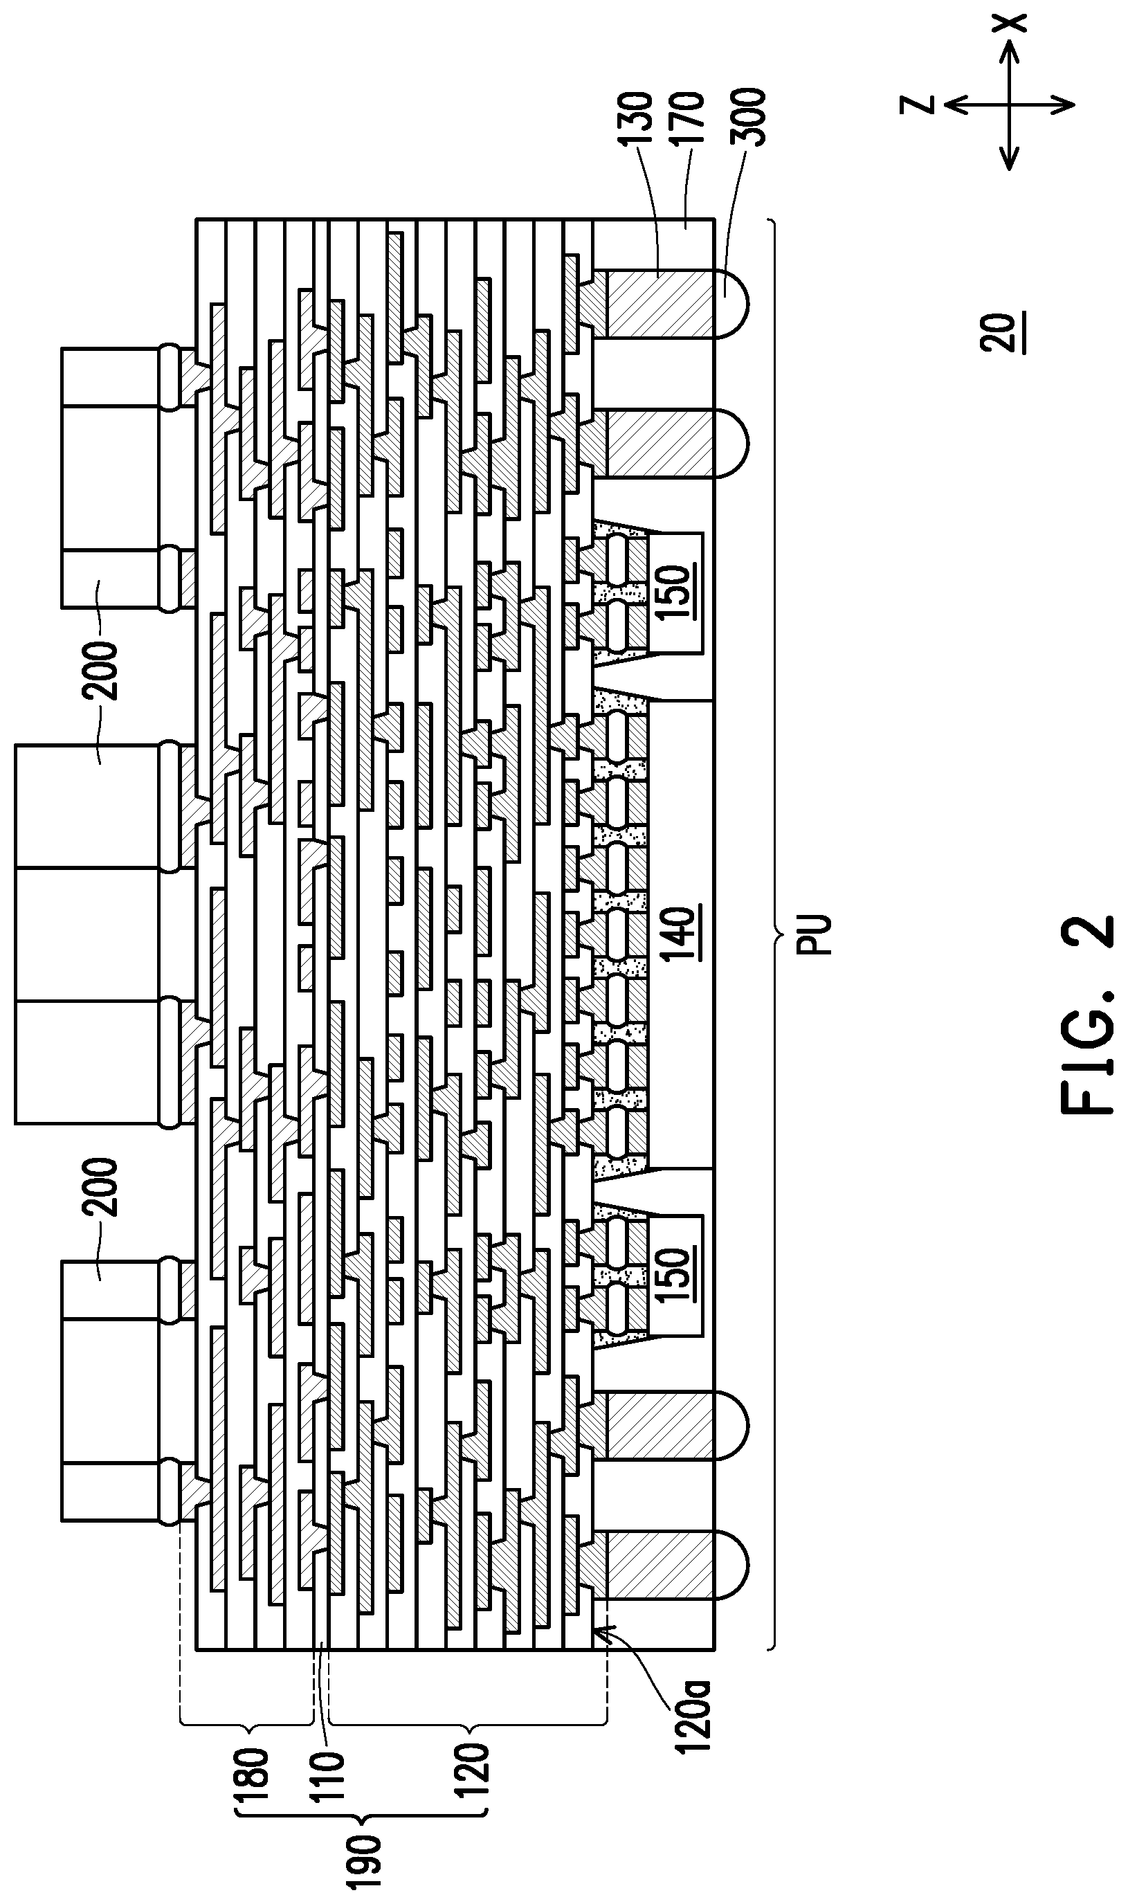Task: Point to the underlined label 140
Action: [679, 924]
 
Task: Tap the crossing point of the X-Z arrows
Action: [1010, 104]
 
